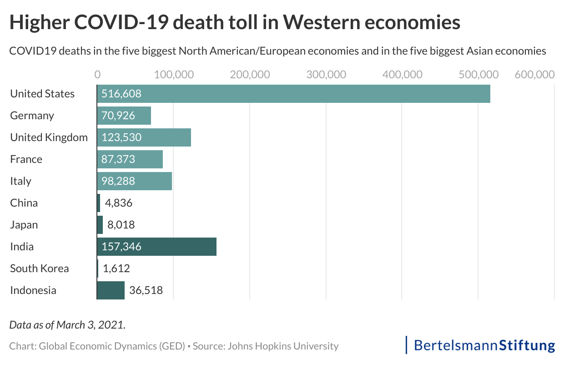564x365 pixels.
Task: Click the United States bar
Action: [293, 94]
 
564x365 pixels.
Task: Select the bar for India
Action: [156, 247]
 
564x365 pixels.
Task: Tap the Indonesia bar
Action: [111, 290]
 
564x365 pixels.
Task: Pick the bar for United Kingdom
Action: [144, 137]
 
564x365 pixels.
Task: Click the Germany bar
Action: [124, 116]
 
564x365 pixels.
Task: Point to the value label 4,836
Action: [119, 203]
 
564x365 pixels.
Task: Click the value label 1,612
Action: [116, 269]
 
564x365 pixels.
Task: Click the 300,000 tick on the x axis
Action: [326, 74]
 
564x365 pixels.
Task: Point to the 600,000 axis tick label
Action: [534, 74]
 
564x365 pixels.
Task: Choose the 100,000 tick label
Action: [174, 74]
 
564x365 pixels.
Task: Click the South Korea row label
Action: [40, 269]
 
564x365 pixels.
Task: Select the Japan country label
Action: [24, 225]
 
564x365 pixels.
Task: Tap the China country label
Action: [24, 203]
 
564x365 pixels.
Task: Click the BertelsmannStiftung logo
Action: [481, 345]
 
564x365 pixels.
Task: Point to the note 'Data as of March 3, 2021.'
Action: [67, 325]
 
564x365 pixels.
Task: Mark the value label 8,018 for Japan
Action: [120, 225]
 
